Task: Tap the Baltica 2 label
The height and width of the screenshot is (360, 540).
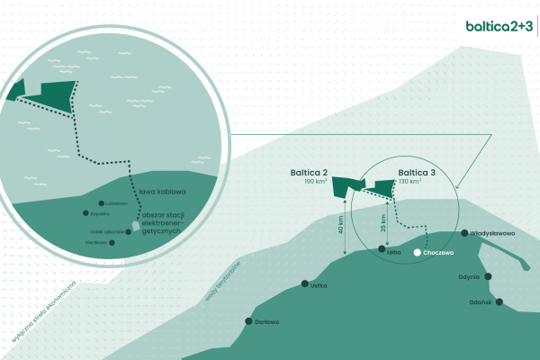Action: tap(309, 171)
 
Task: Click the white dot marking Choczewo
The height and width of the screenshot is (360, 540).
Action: tap(417, 253)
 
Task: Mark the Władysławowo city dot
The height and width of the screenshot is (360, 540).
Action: tap(465, 233)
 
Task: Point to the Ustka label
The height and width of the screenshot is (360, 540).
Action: tap(318, 285)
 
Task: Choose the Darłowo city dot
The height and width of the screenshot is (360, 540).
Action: tap(247, 321)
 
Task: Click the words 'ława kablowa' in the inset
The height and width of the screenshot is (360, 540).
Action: tap(162, 192)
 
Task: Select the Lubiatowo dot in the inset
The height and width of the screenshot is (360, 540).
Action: tap(102, 202)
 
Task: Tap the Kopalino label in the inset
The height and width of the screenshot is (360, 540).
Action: tap(99, 214)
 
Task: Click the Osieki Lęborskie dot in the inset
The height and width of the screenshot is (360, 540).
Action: tap(129, 231)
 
